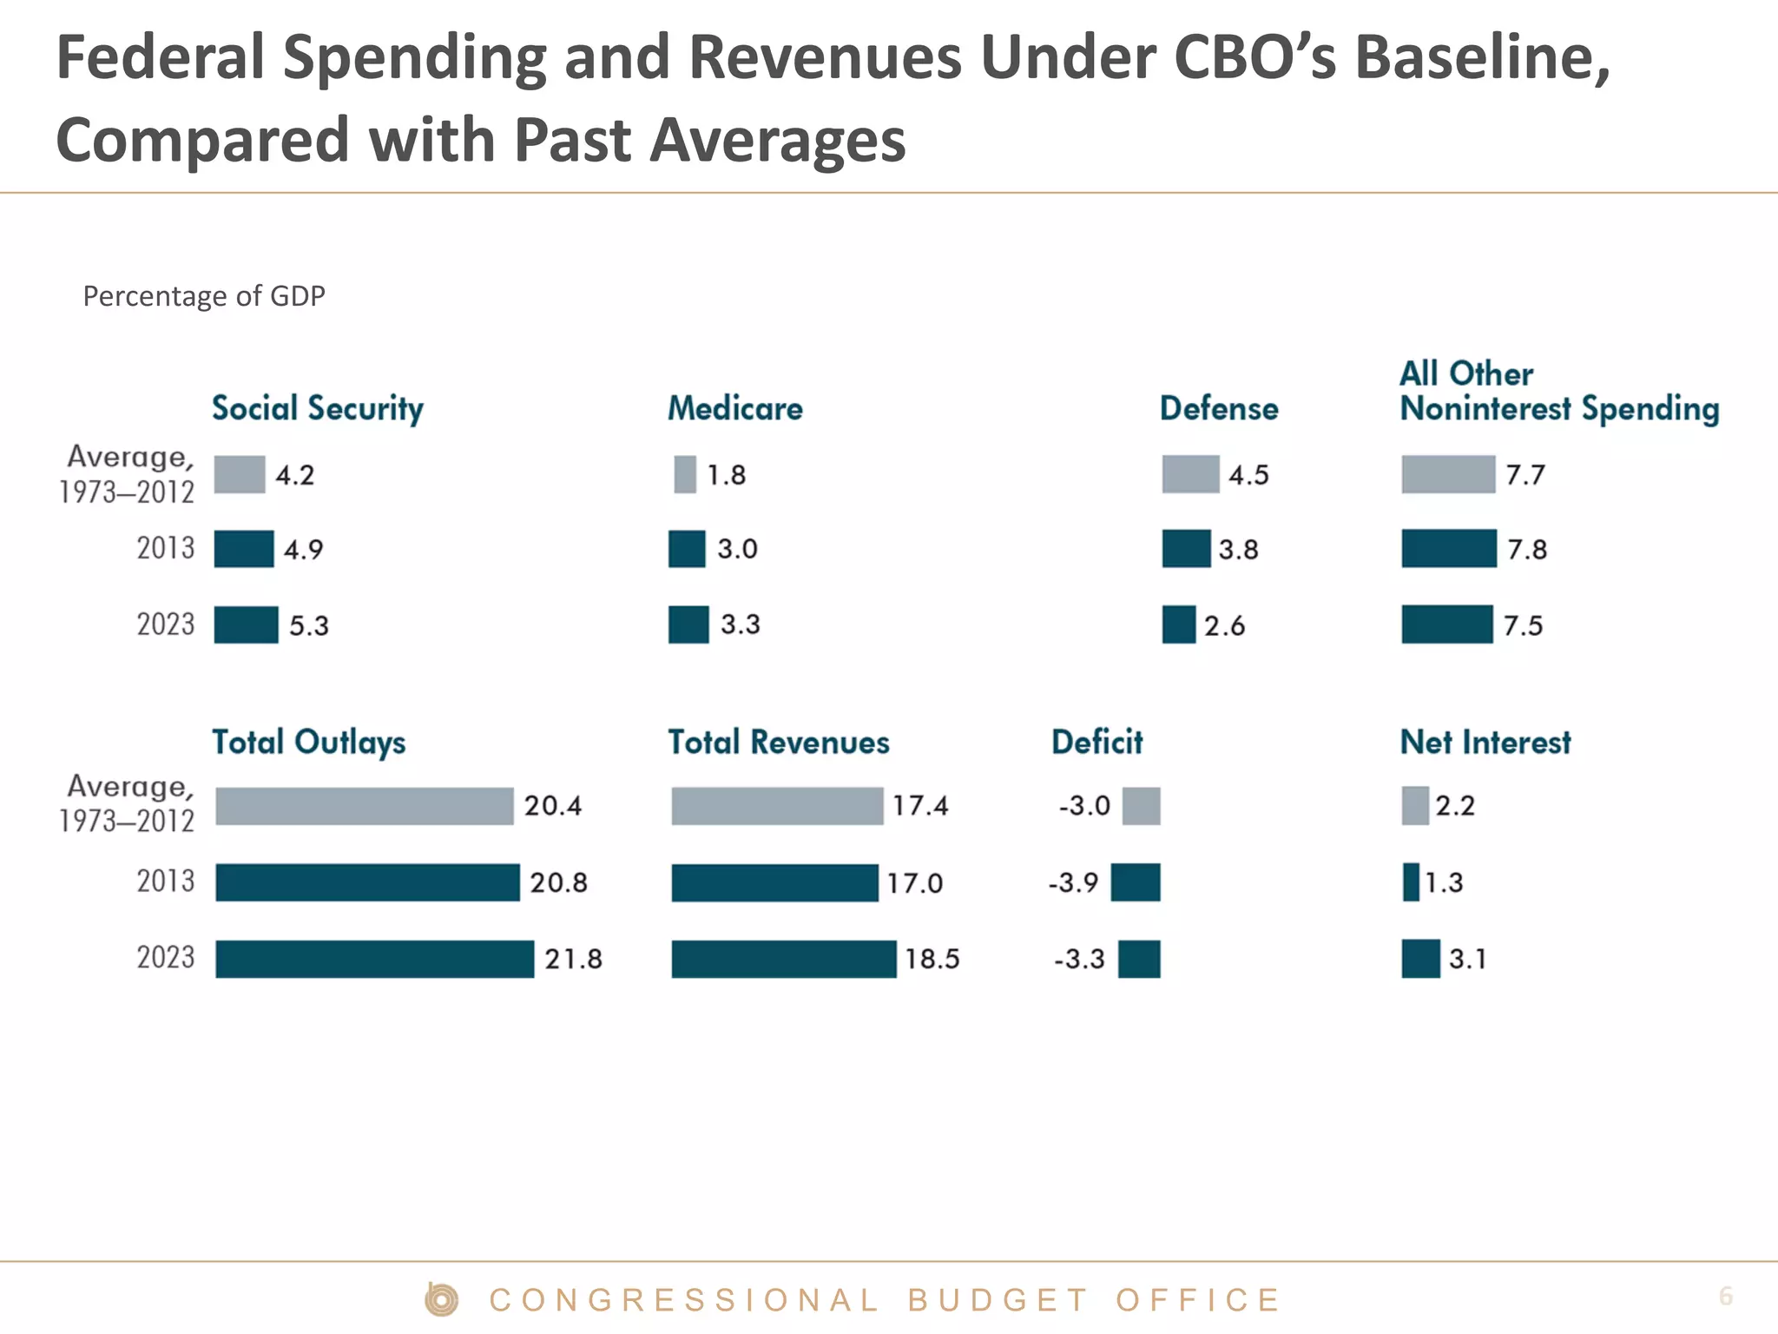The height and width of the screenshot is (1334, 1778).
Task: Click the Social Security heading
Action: click(x=318, y=408)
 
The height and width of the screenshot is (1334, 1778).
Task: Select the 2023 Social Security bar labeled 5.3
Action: click(x=246, y=624)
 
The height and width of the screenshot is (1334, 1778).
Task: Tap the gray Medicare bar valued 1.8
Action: click(x=685, y=474)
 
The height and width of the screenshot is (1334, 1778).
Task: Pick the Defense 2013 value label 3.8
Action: click(x=1238, y=549)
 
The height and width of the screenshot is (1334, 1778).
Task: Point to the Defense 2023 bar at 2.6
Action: click(x=1178, y=624)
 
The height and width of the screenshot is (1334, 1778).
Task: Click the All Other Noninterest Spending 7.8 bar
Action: click(x=1448, y=549)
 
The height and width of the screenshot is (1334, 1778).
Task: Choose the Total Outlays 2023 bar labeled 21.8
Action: click(x=374, y=959)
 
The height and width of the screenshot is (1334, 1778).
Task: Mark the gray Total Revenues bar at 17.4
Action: click(x=777, y=806)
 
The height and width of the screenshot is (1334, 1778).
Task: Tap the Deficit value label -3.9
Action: click(x=1073, y=882)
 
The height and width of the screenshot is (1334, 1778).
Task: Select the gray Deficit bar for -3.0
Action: click(x=1141, y=806)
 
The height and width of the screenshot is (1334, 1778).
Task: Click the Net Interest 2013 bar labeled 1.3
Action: click(x=1411, y=882)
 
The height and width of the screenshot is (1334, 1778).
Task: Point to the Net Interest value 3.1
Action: click(x=1467, y=959)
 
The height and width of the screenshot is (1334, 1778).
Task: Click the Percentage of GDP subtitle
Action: click(x=204, y=296)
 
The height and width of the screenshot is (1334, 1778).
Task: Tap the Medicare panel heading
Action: click(x=734, y=408)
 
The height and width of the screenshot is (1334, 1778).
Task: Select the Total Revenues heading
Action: click(x=779, y=743)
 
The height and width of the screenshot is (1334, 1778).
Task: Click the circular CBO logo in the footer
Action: click(x=442, y=1299)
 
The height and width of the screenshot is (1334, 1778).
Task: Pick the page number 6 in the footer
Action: click(x=1725, y=1296)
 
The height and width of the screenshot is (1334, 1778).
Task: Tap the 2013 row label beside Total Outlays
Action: click(x=165, y=882)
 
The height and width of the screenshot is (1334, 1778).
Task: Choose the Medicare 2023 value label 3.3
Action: click(x=740, y=624)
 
